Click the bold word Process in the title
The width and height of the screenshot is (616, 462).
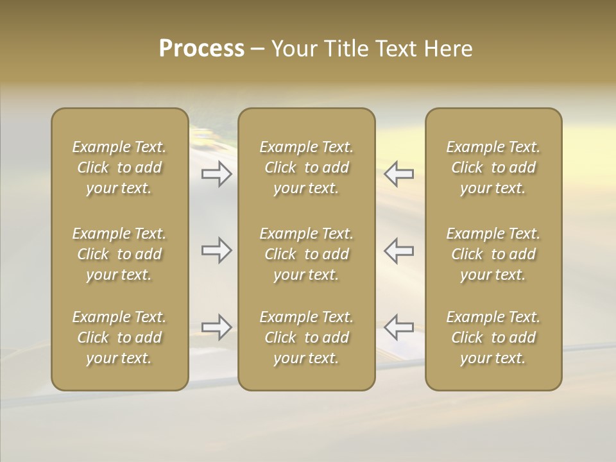(x=201, y=49)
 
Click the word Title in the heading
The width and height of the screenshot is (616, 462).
(x=343, y=49)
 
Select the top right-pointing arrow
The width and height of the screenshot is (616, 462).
(x=217, y=174)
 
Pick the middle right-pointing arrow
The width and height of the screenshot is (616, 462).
(x=217, y=250)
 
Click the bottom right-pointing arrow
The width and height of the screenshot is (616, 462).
(x=217, y=327)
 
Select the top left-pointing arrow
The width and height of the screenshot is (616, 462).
(x=399, y=174)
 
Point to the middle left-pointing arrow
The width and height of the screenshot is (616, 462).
(x=399, y=250)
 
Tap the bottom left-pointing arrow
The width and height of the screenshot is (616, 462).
(x=399, y=327)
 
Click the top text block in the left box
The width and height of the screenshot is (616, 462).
(x=119, y=167)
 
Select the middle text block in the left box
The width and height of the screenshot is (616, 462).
(x=119, y=254)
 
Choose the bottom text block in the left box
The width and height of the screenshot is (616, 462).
(x=119, y=338)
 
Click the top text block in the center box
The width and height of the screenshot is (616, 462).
(x=307, y=167)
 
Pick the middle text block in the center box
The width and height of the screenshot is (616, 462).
(x=307, y=254)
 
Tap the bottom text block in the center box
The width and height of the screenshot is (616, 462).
(x=307, y=338)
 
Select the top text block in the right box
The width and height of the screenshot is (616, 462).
(x=493, y=167)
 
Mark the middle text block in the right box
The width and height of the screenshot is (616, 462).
(x=493, y=254)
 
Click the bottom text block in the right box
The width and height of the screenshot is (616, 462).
(x=493, y=338)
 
